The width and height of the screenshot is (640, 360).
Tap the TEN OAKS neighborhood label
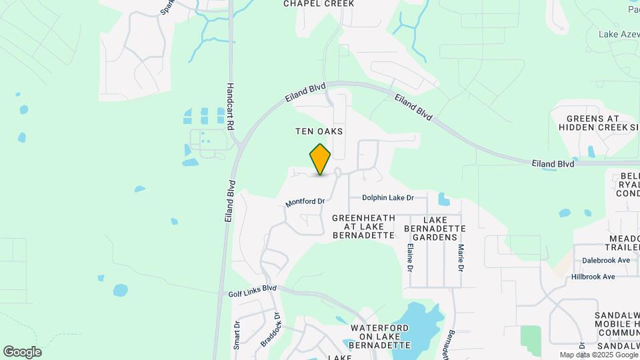coord(319,132)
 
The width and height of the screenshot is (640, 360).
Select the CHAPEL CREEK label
coord(319,3)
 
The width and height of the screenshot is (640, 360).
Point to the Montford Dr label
coord(305,201)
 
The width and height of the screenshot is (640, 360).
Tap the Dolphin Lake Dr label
coord(388,198)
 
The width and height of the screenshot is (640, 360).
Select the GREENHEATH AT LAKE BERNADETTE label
coord(363,227)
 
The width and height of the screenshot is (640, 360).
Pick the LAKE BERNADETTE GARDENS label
coord(435,228)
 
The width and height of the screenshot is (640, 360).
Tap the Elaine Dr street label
coord(409,258)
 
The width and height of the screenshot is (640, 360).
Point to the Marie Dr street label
coord(460,258)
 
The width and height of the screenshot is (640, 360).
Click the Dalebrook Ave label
coord(605,261)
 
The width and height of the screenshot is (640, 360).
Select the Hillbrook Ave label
coord(593,277)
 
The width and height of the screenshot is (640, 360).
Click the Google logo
coord(22,352)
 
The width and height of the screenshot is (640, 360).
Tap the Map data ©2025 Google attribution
coord(599,355)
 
